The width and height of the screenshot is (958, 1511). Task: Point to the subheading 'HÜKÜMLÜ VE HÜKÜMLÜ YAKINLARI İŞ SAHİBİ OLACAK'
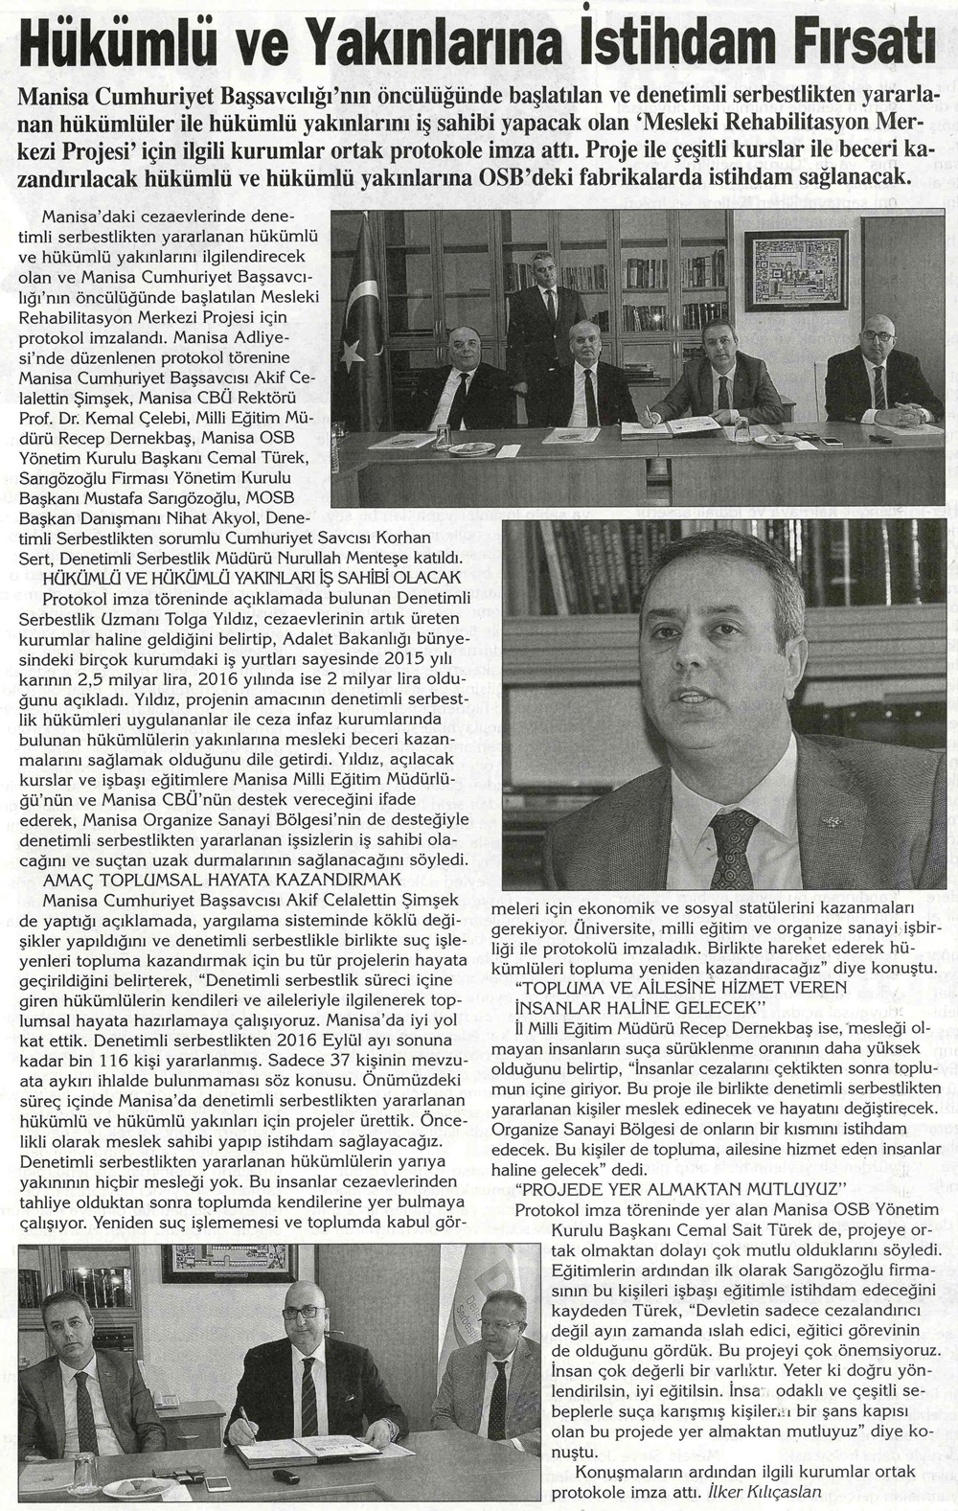[x=253, y=576]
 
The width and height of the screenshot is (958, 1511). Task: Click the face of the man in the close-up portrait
[x=700, y=690]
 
